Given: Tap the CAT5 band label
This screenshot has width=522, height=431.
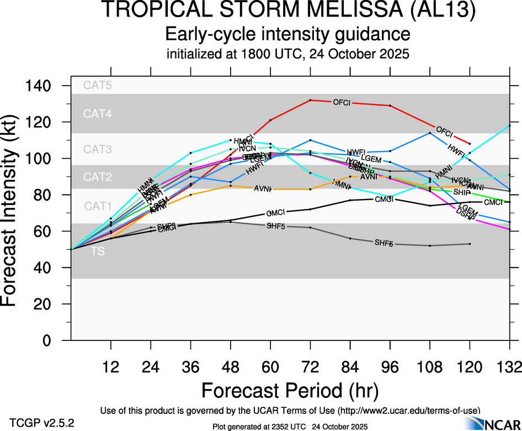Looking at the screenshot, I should (x=97, y=86).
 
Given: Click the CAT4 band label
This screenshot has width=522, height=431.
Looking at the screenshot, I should (x=97, y=114).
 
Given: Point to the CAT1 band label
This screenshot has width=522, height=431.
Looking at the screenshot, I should (x=97, y=206).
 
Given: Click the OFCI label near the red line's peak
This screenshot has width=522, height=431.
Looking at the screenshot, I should (x=341, y=102).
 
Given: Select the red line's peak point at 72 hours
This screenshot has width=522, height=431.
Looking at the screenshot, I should (x=311, y=100).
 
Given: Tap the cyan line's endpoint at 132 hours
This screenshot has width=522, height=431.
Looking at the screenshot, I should (x=509, y=126).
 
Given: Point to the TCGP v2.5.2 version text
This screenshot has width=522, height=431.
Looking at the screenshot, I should (x=41, y=423).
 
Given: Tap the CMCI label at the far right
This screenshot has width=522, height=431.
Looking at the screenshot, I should (x=493, y=202).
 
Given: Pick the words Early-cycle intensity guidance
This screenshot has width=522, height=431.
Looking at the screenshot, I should (x=288, y=34).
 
